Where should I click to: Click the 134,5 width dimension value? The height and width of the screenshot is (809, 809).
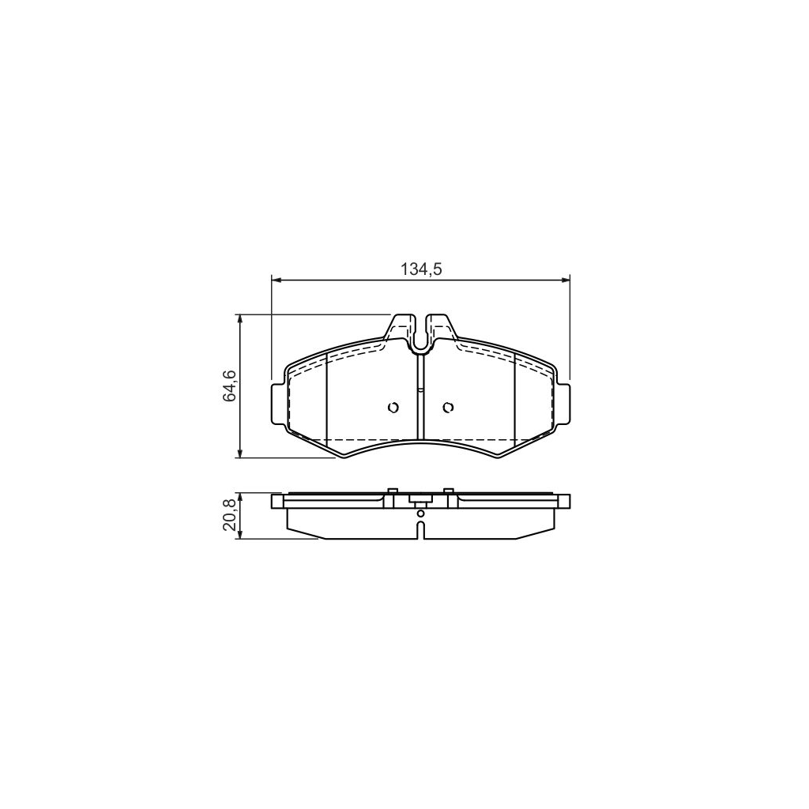[422, 269]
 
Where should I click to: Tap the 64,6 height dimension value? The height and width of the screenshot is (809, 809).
[228, 386]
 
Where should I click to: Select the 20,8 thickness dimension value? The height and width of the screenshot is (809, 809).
[228, 515]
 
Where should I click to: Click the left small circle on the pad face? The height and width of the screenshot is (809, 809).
[393, 408]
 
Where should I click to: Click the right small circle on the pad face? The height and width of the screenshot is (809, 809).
[449, 408]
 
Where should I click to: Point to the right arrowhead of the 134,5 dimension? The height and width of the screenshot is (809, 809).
[566, 280]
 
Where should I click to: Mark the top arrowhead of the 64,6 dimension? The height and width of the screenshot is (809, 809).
[239, 318]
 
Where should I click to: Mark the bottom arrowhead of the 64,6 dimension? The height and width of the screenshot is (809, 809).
[239, 453]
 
